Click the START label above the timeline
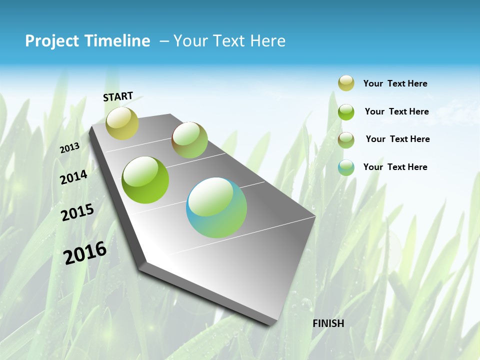pos(118,96)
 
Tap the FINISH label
pos(328,323)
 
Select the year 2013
pos(69,147)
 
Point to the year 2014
pos(74,177)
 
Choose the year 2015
pos(77,212)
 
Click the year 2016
pos(85,252)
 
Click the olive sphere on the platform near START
pos(122,123)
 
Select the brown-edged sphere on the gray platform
pos(189,140)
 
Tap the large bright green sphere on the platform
pos(145,180)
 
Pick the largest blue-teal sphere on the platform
pos(216,207)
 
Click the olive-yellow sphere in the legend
pos(346,83)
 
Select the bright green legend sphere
pos(346,112)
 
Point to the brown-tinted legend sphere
pos(346,139)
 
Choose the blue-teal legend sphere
pos(346,167)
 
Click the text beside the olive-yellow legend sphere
pos(395,83)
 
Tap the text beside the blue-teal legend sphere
pos(395,167)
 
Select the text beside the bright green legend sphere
pos(396,111)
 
